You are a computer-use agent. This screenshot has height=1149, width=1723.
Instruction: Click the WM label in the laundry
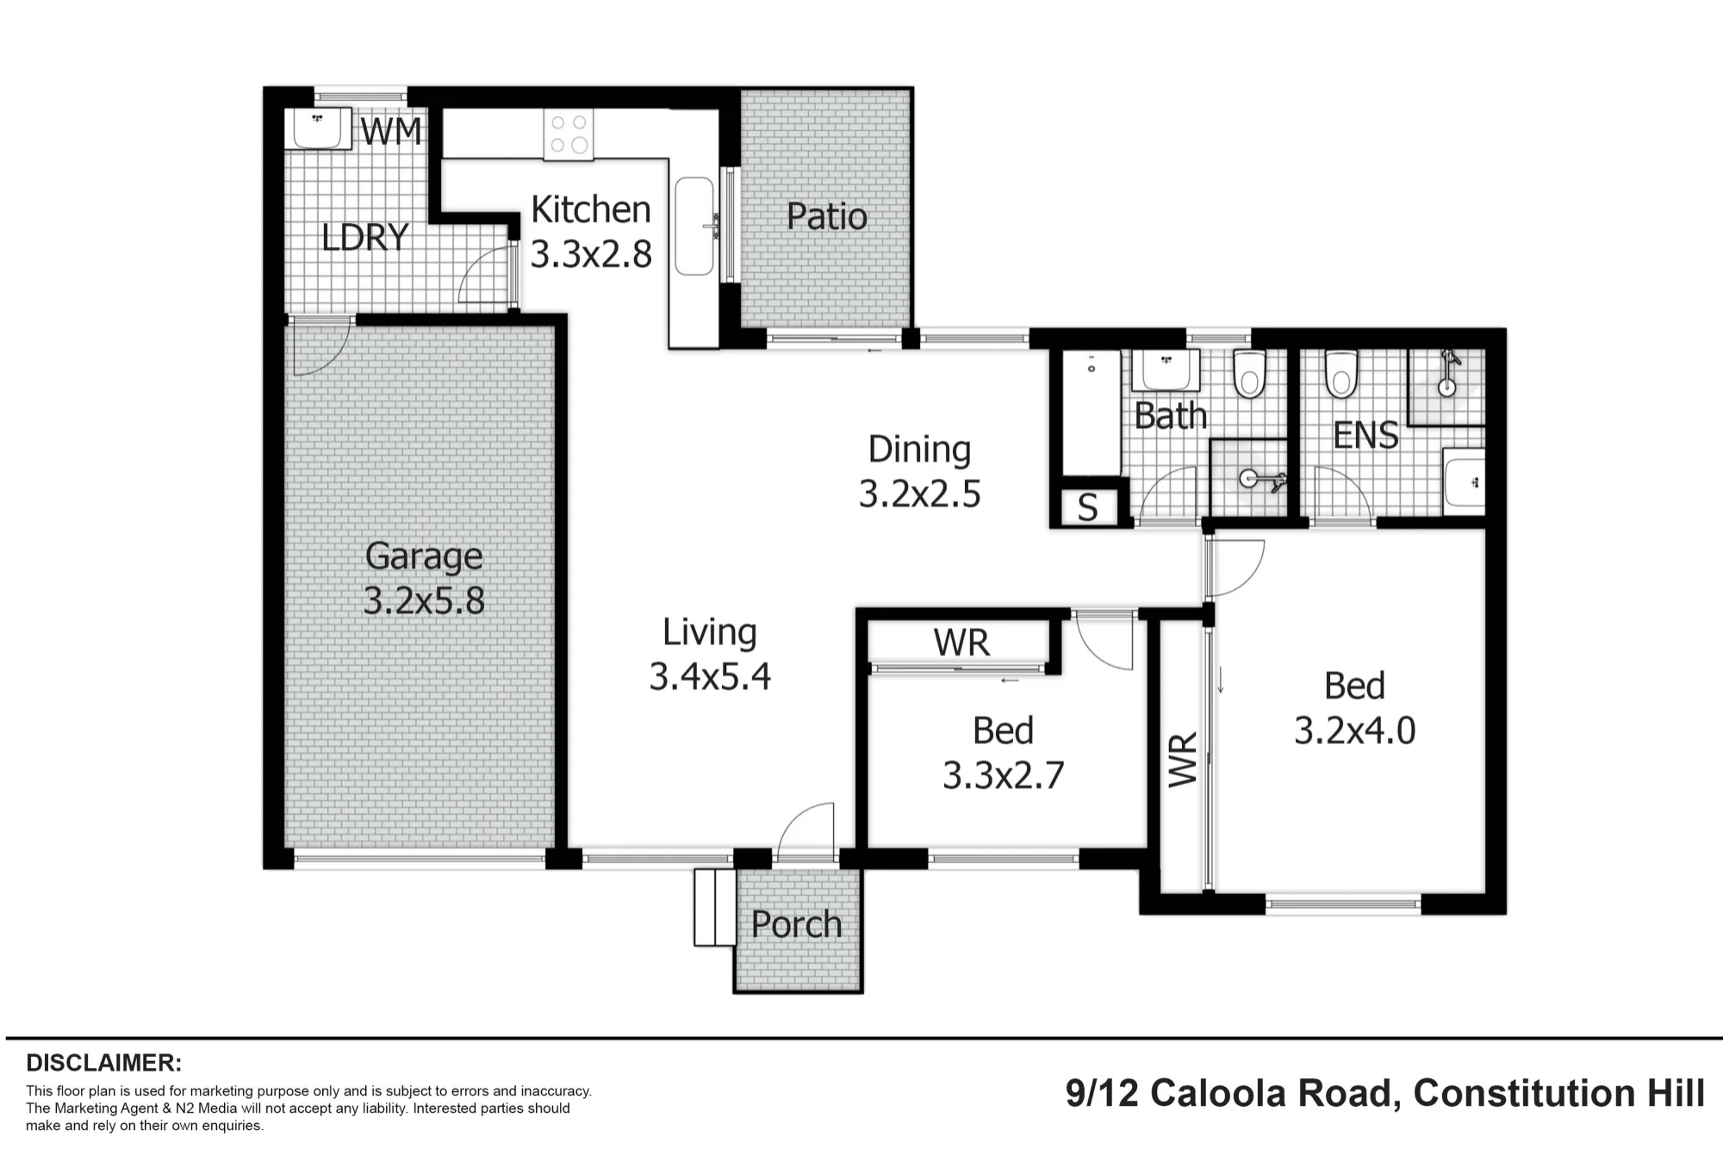pyautogui.click(x=391, y=132)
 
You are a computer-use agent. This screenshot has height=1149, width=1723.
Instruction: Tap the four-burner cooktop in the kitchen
pyautogui.click(x=569, y=134)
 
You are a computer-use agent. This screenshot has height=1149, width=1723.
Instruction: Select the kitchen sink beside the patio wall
pyautogui.click(x=694, y=227)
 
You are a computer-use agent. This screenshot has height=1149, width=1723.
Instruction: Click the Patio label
pyautogui.click(x=827, y=216)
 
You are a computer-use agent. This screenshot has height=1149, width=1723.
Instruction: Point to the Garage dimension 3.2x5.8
pyautogui.click(x=424, y=600)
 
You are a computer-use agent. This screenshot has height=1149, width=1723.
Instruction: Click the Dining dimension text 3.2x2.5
pyautogui.click(x=920, y=494)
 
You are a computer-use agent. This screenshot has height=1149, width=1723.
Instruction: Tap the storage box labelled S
pyautogui.click(x=1089, y=506)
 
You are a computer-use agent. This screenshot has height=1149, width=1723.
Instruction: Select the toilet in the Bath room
pyautogui.click(x=1249, y=373)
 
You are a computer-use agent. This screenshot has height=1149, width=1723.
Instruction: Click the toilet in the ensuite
pyautogui.click(x=1340, y=373)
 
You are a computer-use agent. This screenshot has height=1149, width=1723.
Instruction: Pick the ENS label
pyautogui.click(x=1365, y=435)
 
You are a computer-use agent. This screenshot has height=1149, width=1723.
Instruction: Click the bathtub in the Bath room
pyautogui.click(x=1091, y=413)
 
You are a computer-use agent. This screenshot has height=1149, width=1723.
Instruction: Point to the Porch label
pyautogui.click(x=796, y=925)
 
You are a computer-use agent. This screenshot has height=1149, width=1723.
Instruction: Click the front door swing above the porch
pyautogui.click(x=806, y=830)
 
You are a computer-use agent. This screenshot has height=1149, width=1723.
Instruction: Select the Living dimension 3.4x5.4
pyautogui.click(x=710, y=677)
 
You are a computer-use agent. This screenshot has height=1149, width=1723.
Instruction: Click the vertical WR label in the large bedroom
pyautogui.click(x=1183, y=759)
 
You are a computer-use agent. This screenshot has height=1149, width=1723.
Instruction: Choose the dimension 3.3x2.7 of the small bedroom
pyautogui.click(x=1004, y=776)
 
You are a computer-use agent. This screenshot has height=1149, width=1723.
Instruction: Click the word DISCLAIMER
pyautogui.click(x=103, y=1063)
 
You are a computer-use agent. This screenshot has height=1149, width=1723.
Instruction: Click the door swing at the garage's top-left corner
pyautogui.click(x=320, y=346)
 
